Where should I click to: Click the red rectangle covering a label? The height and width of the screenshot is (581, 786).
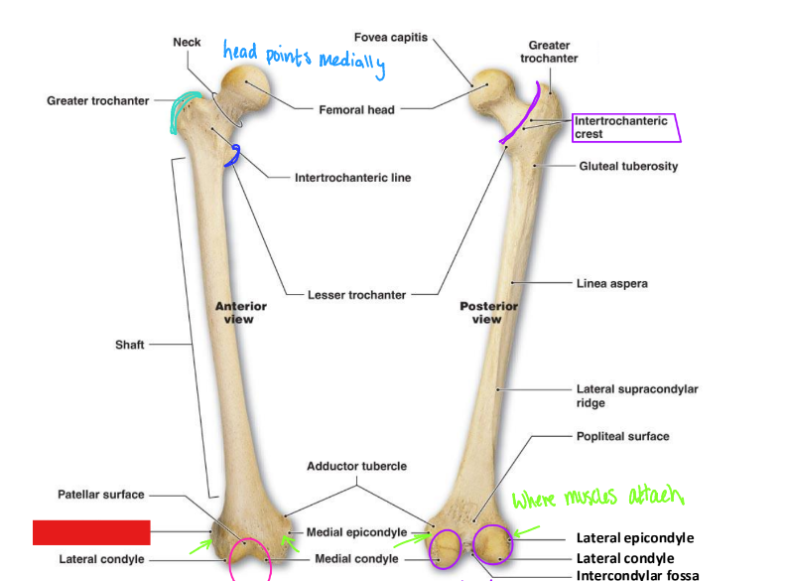coord(90,532)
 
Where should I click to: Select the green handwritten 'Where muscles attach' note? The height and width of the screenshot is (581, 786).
coord(598,497)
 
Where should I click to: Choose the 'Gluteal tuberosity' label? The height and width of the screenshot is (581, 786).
coord(628,166)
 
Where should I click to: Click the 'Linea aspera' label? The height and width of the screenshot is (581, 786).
coord(611,283)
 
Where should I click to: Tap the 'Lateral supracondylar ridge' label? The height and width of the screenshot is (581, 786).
coord(636,396)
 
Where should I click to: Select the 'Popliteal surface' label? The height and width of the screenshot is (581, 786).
coord(622,436)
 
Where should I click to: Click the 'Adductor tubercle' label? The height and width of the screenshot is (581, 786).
coord(356,466)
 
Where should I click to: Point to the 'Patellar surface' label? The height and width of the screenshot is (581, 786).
coord(100,495)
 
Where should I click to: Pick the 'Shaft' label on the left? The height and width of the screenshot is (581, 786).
coord(129,345)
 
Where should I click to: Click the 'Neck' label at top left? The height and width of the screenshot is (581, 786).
coord(187,42)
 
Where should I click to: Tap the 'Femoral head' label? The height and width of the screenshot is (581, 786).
coord(356,109)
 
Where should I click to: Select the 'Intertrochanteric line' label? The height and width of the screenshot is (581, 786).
coord(352,178)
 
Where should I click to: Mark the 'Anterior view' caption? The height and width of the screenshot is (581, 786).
coord(240,313)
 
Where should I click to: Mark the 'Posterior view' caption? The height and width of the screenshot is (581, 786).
coord(486,313)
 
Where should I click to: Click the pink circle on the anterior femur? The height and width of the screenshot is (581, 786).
coord(249,557)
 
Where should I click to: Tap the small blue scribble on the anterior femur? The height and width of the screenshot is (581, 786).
coord(234,155)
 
